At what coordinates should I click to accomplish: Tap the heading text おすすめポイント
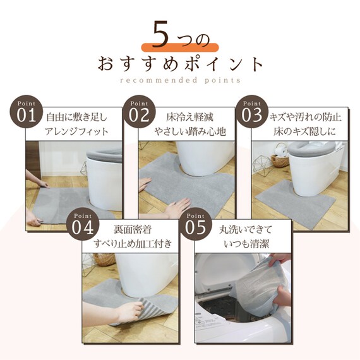179,64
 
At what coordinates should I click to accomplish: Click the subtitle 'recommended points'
179,81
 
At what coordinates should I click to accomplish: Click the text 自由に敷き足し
77,117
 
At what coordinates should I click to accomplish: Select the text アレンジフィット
77,131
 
